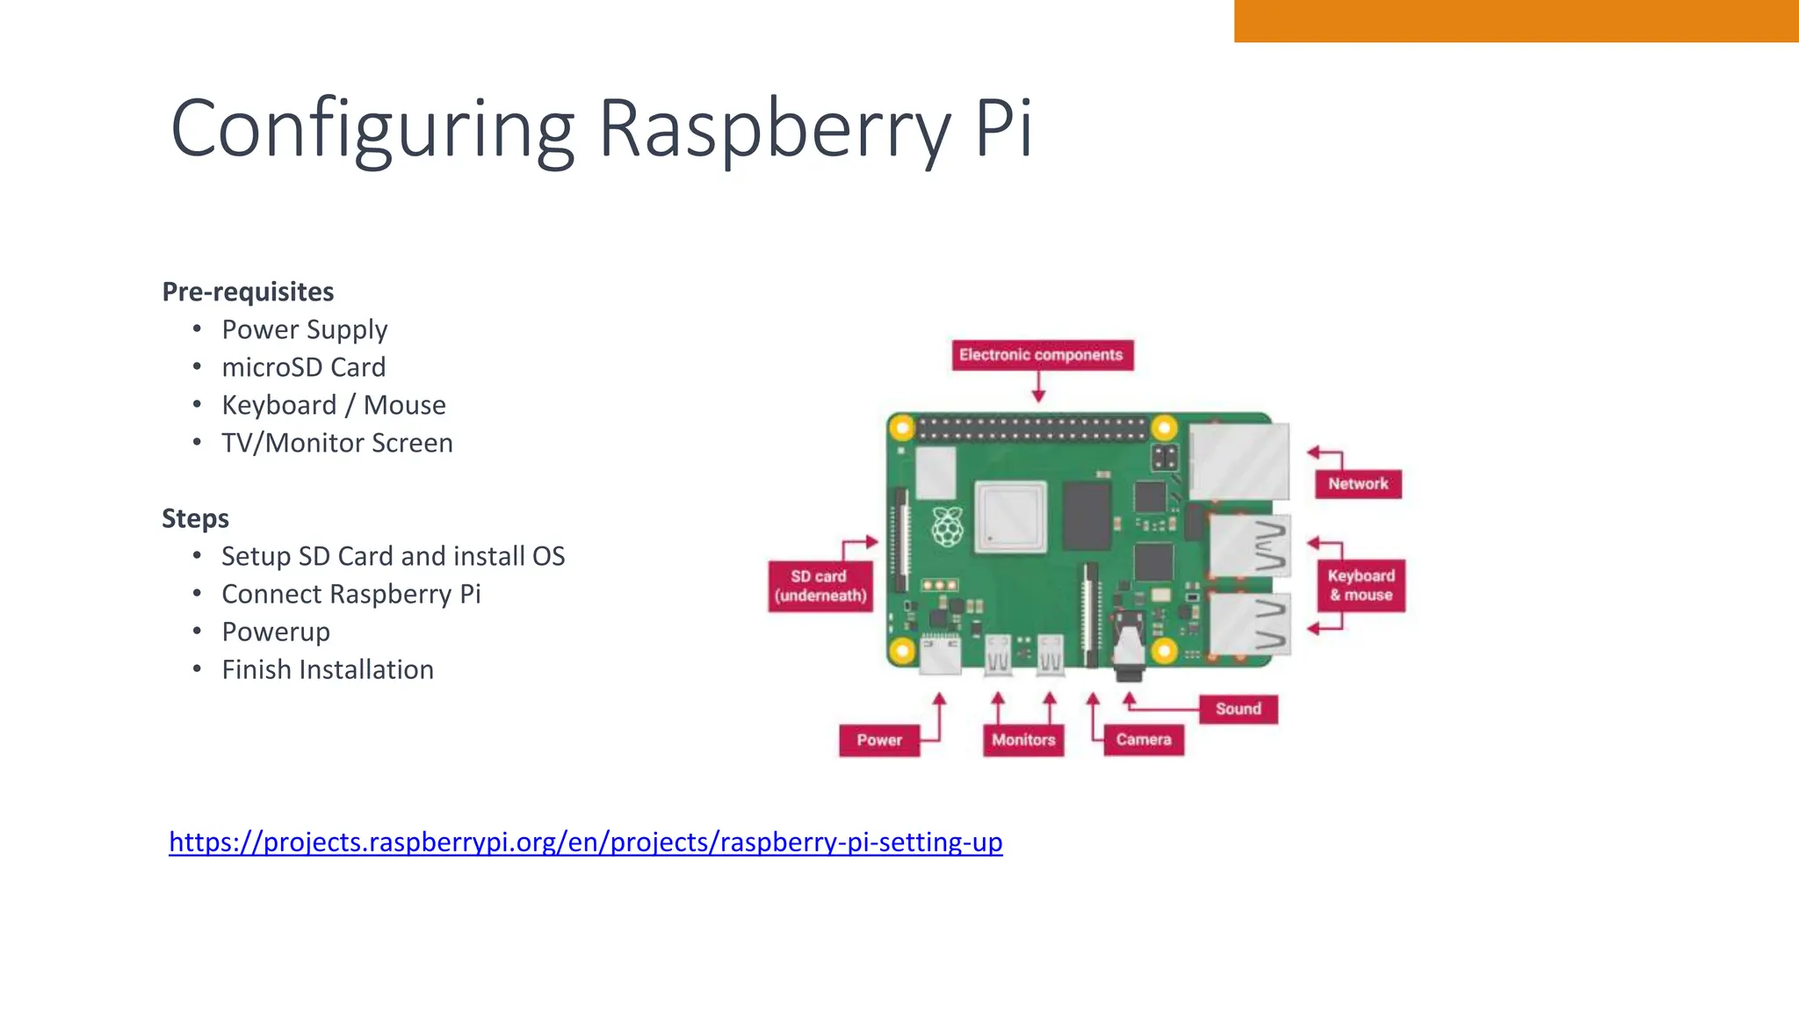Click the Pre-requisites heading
pos(248,292)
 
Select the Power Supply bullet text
pos(304,329)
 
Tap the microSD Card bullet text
pos(303,367)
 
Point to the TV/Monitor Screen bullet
pos(336,443)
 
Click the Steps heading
pos(195,518)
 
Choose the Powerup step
pos(276,632)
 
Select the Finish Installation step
pos(328,669)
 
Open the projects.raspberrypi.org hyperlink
pos(585,842)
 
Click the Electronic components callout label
pos(1042,355)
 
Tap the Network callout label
pos(1358,484)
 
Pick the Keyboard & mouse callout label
pos(1361,585)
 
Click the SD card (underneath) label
pos(820,586)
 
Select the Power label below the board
pos(879,741)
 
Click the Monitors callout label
pos(1023,741)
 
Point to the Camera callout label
pos(1144,740)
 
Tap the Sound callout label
pos(1238,709)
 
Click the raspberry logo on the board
pos(948,527)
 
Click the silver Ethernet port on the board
pos(1239,461)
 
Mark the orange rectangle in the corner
pos(1515,20)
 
